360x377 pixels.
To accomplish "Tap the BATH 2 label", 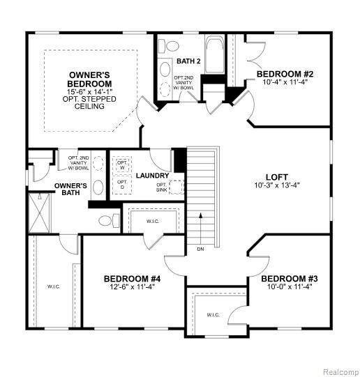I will [188, 61].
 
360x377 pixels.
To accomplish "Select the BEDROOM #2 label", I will [284, 74].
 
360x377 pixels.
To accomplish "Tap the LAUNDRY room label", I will [152, 176].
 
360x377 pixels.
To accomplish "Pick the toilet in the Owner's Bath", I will [105, 220].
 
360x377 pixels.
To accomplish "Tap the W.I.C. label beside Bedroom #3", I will [213, 315].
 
